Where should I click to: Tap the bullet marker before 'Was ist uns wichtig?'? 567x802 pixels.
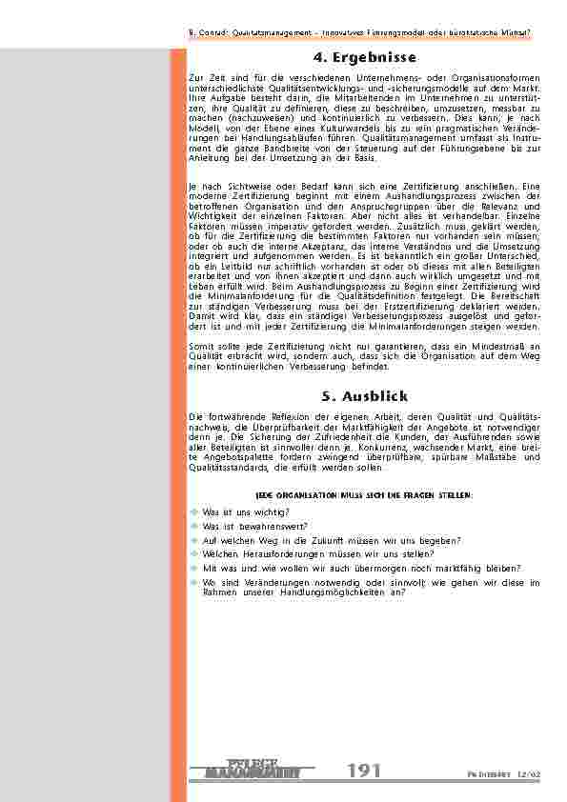pyautogui.click(x=195, y=511)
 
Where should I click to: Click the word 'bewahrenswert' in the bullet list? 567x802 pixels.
pyautogui.click(x=249, y=525)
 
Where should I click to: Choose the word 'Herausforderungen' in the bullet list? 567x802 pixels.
pyautogui.click(x=273, y=552)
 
